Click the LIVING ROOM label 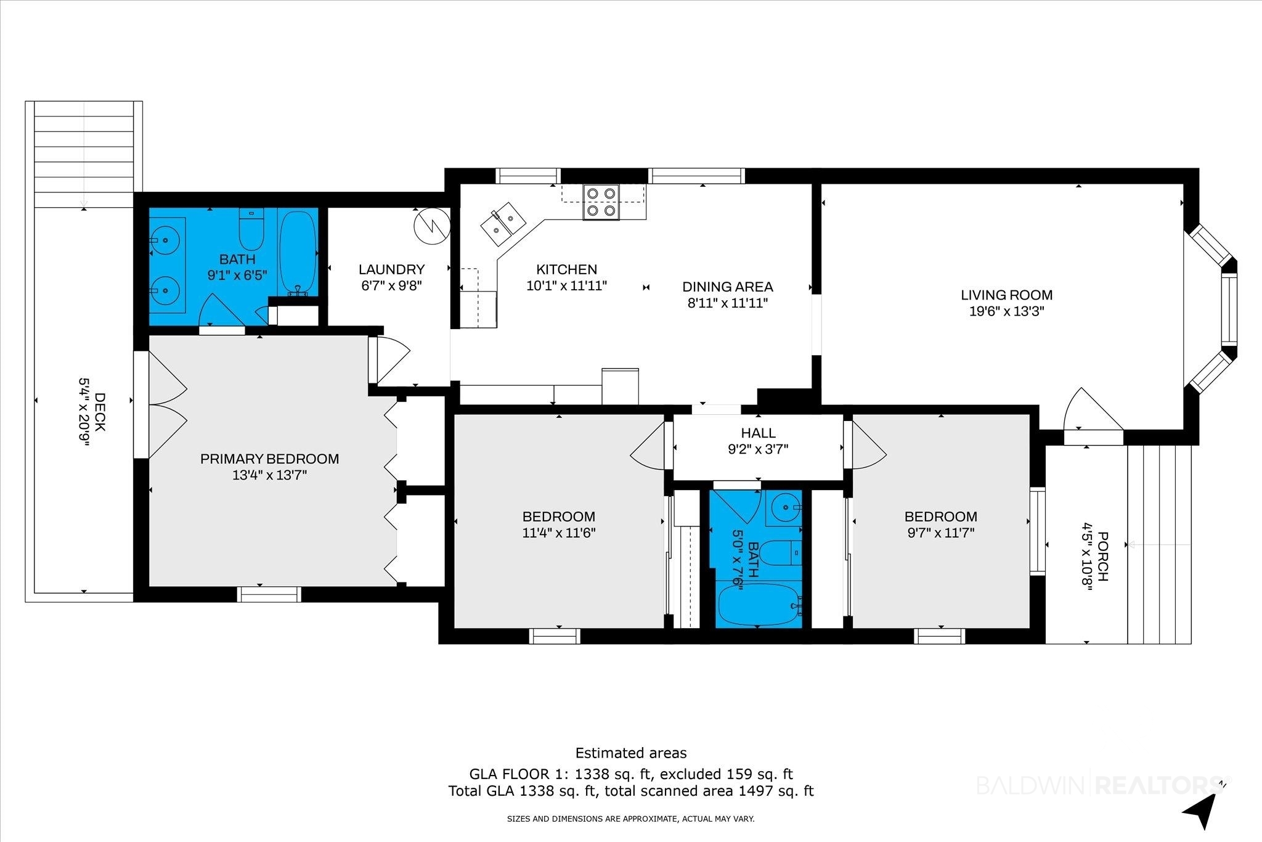coord(1006,295)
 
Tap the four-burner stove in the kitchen coord(601,202)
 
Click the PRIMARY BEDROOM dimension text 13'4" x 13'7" coord(269,475)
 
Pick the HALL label coord(758,433)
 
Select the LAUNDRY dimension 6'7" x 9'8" coord(391,285)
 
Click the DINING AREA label coord(727,287)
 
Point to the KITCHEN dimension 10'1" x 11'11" coord(566,285)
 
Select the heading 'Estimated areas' coord(630,753)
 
